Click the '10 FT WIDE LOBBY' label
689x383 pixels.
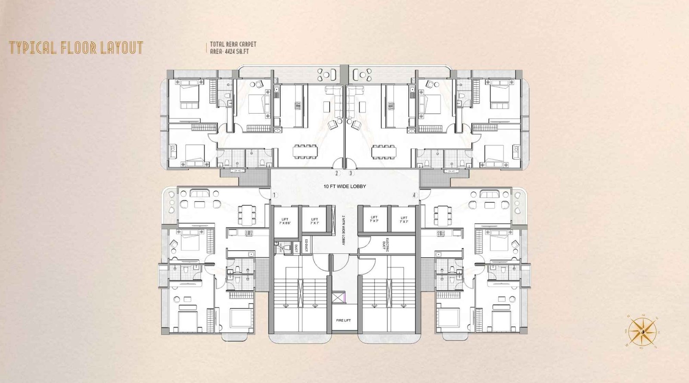[x=344, y=187]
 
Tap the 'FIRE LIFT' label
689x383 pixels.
[x=344, y=321]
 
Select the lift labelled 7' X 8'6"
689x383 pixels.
[x=285, y=221]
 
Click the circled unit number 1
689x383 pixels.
[x=274, y=195]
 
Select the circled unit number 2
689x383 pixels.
[x=337, y=174]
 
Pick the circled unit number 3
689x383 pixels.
[x=351, y=174]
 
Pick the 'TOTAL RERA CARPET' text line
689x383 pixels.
[x=233, y=44]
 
